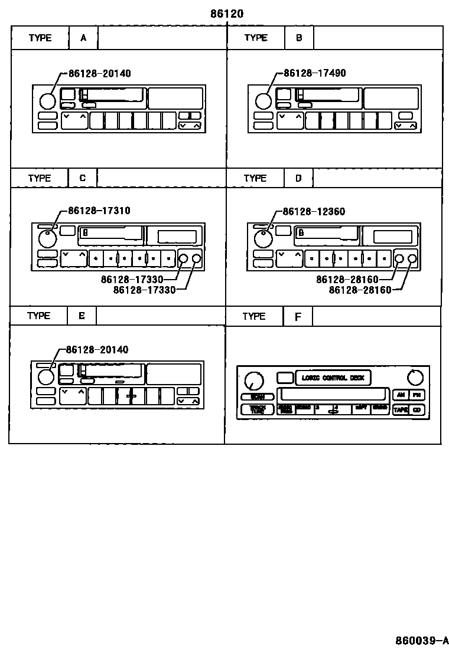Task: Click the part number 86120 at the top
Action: pos(226,13)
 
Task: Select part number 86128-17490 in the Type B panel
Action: pos(314,73)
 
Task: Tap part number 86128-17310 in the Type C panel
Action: pos(99,211)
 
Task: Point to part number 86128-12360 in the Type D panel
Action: pos(314,212)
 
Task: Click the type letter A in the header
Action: pos(83,38)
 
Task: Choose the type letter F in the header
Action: pos(298,317)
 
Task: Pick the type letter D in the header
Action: pos(298,178)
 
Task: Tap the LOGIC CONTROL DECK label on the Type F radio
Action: pos(333,378)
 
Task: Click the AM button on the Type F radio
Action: pos(401,395)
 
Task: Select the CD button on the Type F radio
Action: pos(417,409)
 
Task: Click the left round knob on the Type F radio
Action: pos(253,381)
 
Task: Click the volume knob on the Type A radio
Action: pos(48,101)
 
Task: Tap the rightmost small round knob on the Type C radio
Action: pos(197,258)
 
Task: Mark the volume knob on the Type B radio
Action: pos(263,101)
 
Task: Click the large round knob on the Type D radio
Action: pos(261,239)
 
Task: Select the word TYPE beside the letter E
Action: pos(38,316)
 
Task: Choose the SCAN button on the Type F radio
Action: pos(257,397)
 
